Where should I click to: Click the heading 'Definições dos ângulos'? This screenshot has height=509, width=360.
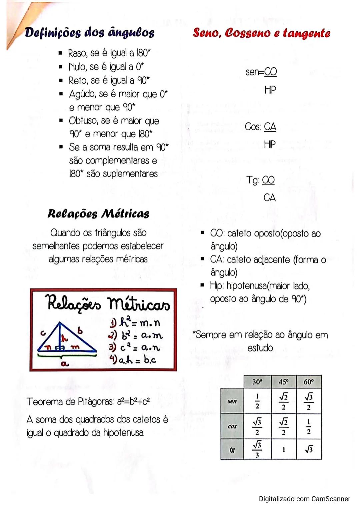click(90, 33)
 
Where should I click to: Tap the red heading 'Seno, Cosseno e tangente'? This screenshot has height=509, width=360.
click(262, 33)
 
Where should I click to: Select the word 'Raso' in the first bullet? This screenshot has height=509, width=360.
click(78, 53)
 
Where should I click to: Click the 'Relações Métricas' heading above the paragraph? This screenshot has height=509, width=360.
click(98, 214)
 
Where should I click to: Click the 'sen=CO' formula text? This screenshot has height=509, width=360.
click(261, 72)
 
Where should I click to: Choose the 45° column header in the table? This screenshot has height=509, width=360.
click(283, 382)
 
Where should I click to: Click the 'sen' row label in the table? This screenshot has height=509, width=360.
click(232, 401)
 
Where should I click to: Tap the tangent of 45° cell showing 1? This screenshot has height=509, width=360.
click(283, 450)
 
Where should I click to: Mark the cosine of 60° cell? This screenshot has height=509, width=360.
click(309, 426)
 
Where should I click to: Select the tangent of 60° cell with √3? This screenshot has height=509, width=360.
click(309, 450)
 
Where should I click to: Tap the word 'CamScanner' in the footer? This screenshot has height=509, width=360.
click(331, 499)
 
